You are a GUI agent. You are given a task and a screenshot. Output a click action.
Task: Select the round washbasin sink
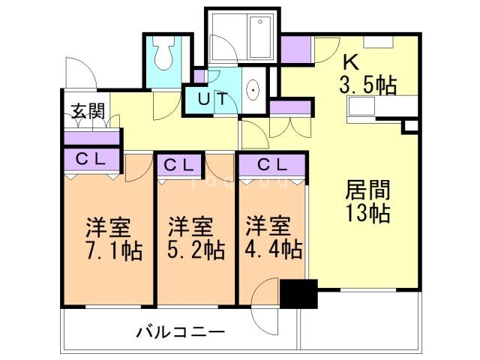(253, 91)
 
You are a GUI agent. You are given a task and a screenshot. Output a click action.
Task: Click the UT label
(212, 98)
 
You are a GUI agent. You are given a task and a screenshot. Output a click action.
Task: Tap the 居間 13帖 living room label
(367, 200)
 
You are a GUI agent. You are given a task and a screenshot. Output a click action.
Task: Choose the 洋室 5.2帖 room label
(194, 235)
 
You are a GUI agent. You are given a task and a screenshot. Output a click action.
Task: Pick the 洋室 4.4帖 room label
(273, 235)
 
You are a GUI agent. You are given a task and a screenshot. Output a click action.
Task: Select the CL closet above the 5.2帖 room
(180, 163)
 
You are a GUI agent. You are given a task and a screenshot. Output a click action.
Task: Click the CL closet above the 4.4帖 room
(271, 163)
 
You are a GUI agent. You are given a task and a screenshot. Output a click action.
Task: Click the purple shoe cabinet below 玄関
(91, 138)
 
